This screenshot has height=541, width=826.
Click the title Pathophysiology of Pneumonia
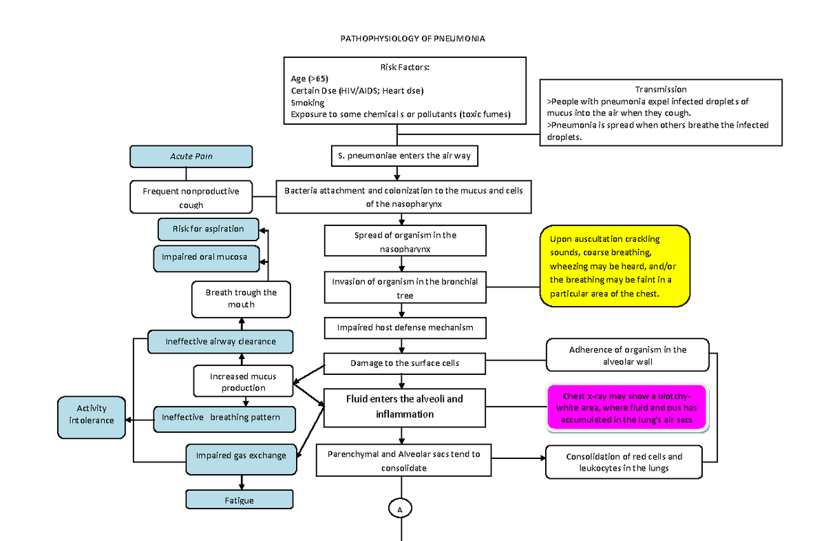413,39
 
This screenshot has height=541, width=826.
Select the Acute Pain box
191,156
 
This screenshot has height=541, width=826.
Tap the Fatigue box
240,500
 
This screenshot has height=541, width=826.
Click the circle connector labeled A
400,509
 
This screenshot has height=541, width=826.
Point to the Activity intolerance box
92,414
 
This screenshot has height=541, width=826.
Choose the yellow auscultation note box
615,266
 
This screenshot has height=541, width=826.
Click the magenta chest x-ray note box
627,408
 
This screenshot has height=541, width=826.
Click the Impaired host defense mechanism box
405,327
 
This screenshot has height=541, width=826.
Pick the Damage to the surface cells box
405,363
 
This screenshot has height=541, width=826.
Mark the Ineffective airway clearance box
220,341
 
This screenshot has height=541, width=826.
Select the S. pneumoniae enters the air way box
404,156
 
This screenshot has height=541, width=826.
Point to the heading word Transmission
660,89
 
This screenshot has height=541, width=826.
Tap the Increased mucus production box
243,382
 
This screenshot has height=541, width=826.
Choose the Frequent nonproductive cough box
191,198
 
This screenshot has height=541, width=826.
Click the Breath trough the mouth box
241,298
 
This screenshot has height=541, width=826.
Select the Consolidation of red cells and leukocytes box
624,462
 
